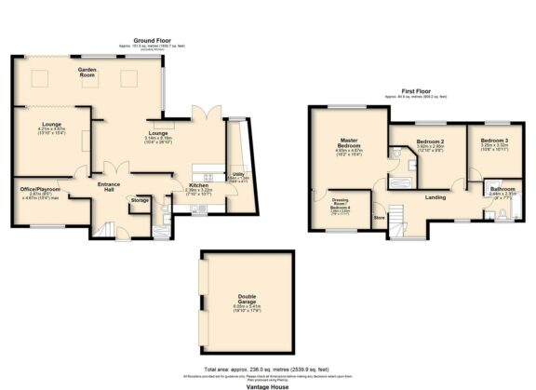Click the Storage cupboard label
tap(140, 200)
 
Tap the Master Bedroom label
tap(348, 144)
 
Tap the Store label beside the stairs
tap(379, 219)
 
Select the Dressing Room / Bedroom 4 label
tap(340, 205)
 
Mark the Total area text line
tap(268, 369)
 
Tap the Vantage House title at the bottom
tap(268, 383)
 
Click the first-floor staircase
tap(399, 221)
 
